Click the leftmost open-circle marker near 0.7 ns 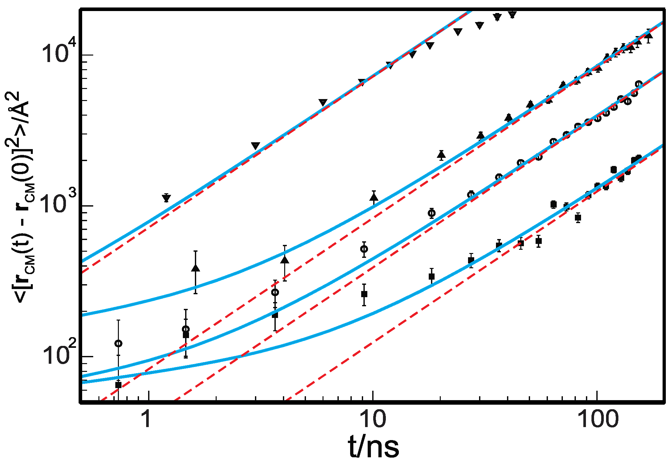coord(119,343)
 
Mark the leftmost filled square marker coord(119,385)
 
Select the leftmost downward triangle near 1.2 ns coord(166,198)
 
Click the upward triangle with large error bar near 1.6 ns coord(196,268)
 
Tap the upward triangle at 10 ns coord(374,197)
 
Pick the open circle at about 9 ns coord(364,249)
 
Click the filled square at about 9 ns coord(364,294)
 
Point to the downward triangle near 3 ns coord(256,145)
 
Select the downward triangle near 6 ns coord(323,102)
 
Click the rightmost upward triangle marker coord(648,35)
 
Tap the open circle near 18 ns coord(432,213)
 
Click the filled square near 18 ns coord(432,276)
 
